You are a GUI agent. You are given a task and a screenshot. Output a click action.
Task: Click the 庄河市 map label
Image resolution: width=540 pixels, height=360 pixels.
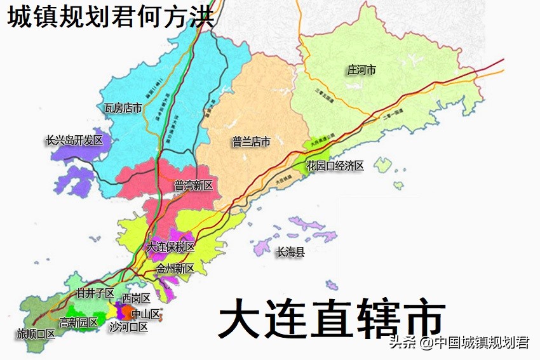[361, 70]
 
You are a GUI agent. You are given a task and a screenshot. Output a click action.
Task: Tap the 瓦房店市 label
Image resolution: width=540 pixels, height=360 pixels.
[123, 108]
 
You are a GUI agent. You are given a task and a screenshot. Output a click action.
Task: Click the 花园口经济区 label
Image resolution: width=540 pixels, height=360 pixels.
[335, 166]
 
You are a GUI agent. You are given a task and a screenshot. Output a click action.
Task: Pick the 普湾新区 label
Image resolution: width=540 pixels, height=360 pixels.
[193, 185]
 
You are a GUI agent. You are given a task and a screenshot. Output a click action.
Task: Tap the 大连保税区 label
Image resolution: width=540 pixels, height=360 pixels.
[170, 246]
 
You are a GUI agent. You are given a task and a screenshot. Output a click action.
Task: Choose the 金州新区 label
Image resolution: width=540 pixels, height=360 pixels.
[175, 269]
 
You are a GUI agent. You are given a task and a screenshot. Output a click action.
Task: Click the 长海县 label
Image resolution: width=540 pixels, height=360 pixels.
[290, 253]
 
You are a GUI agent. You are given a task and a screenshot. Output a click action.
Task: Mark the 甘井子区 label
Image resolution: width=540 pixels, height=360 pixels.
[95, 293]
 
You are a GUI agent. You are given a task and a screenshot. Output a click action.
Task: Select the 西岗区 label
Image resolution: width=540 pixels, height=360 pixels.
[136, 298]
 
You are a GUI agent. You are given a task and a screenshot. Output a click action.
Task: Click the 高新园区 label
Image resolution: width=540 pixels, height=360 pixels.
[78, 323]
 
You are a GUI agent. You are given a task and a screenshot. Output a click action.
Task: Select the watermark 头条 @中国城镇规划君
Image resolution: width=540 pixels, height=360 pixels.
[459, 343]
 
